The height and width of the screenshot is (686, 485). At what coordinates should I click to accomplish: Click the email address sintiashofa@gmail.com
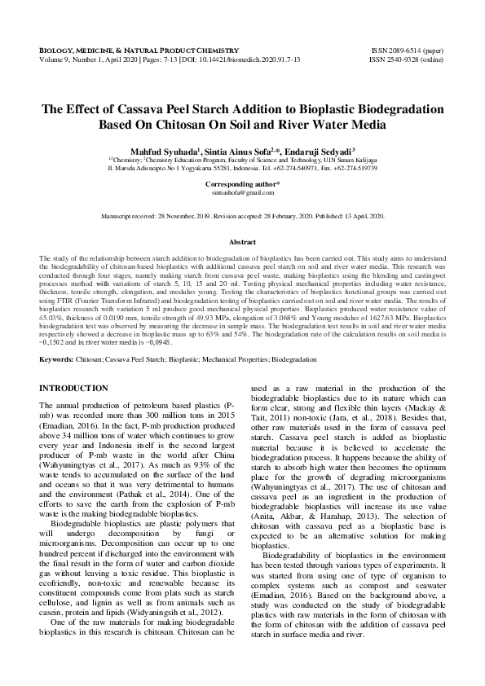click(242, 192)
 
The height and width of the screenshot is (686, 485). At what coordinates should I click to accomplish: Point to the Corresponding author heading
click(242, 184)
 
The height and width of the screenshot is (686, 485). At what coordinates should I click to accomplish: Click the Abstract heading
click(242, 243)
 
